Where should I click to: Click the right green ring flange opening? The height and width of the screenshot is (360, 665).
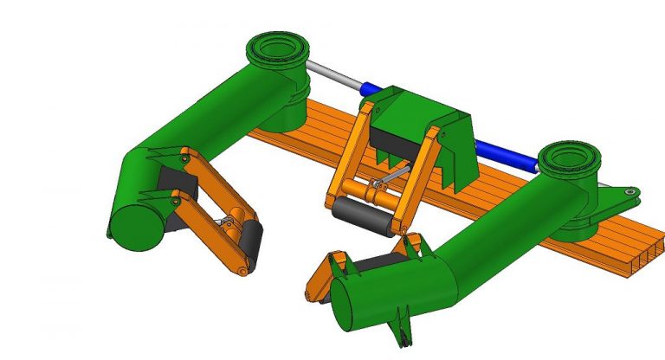569,157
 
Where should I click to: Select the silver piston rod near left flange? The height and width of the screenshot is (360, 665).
334,78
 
